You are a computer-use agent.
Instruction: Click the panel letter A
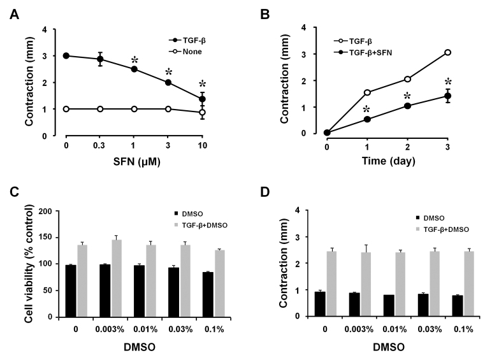coord(14,15)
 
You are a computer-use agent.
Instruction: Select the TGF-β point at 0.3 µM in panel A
coord(100,59)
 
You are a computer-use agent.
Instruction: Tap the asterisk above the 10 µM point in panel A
coord(203,84)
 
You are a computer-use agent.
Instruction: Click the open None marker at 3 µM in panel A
coord(168,109)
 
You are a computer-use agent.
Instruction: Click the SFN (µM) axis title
coord(136,161)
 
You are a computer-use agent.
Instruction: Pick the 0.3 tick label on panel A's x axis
coord(99,146)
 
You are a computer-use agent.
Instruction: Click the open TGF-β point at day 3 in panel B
coord(447,52)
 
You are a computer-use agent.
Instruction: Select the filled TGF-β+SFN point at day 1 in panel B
coord(367,119)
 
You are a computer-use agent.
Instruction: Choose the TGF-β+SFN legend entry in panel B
coord(363,53)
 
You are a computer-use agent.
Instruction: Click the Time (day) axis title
coord(389,161)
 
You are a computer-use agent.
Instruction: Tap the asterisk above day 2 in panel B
coord(407,96)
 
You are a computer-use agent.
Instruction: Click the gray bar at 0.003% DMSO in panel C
coord(117,278)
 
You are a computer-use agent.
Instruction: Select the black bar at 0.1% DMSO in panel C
coord(208,295)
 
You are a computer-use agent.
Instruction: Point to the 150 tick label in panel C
coord(45,238)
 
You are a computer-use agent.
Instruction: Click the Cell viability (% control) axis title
coord(29,263)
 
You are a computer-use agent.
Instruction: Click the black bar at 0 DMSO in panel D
coord(320,304)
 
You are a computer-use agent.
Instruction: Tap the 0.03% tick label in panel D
coord(430,329)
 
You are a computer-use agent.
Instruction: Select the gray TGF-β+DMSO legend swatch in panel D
coord(417,229)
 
